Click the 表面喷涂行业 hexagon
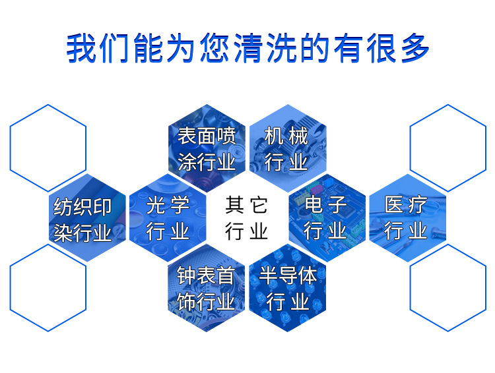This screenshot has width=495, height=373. [207, 148]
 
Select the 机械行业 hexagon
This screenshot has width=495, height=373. [286, 148]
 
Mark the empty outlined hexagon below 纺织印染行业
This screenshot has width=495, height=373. [48, 288]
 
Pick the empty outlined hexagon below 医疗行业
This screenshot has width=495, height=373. [447, 288]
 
